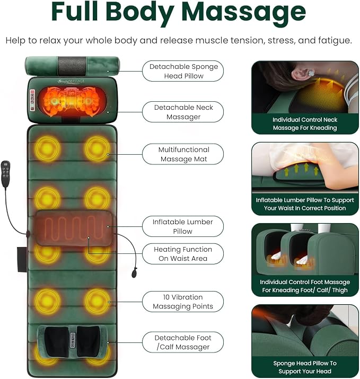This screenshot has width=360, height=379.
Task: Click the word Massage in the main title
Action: click(x=243, y=13)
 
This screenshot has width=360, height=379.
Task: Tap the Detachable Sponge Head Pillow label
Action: click(x=183, y=71)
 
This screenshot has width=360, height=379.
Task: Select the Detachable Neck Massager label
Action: click(x=183, y=112)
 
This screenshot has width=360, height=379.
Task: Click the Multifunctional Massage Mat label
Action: click(x=183, y=154)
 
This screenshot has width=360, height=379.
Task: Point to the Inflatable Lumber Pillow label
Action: click(x=183, y=226)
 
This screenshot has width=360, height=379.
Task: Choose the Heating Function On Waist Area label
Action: click(x=183, y=254)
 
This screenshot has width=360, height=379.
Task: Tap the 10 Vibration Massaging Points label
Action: click(x=183, y=302)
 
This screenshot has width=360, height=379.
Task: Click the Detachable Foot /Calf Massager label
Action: click(x=183, y=342)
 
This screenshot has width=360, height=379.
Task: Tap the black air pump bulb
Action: click(x=134, y=273)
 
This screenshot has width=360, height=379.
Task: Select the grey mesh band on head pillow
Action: click(x=72, y=66)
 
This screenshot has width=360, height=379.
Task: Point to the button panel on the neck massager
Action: click(x=32, y=100)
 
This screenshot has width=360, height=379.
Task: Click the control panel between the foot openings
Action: click(x=72, y=340)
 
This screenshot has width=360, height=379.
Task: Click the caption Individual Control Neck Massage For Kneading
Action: click(x=305, y=124)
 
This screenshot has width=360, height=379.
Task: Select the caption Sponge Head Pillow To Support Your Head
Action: click(x=305, y=367)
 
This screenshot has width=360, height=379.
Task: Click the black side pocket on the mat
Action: click(x=22, y=259)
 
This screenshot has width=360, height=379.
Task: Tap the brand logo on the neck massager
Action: click(x=71, y=81)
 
